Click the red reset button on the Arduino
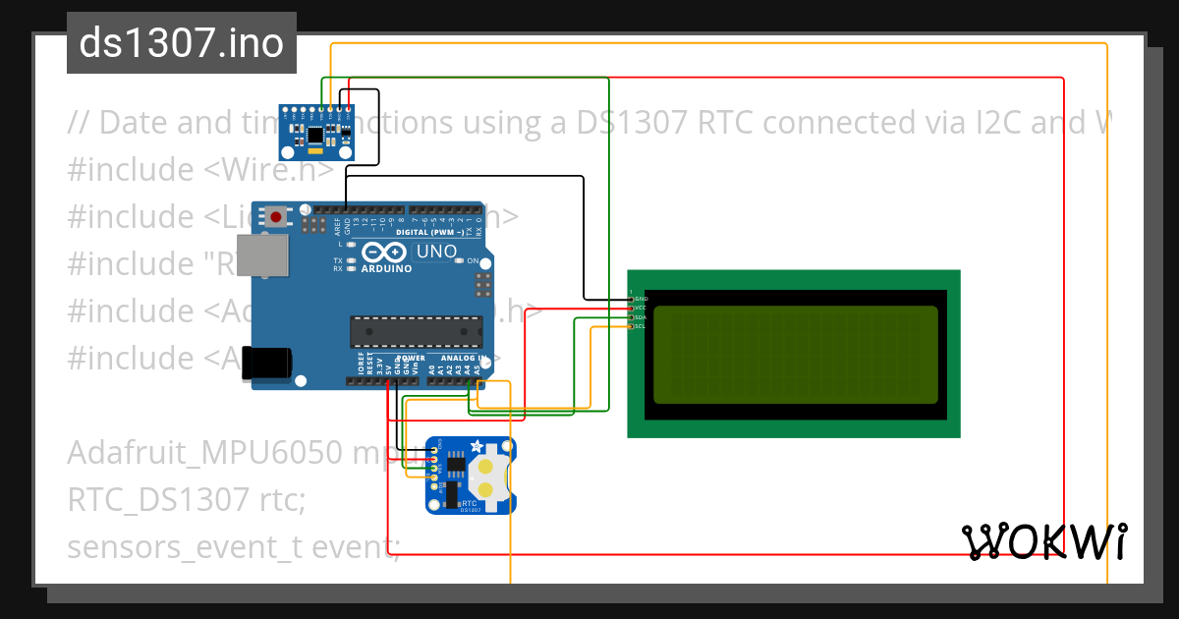coord(277,216)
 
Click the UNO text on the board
coord(436,252)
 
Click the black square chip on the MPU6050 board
coord(314,133)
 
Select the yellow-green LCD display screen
coord(795,354)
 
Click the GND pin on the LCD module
coord(632,298)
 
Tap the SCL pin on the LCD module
coord(632,326)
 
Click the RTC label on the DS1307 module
coord(470,501)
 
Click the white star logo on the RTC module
coord(477,446)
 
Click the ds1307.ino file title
coord(182,43)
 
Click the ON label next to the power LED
coord(473,260)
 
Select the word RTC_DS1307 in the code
coord(157,499)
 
